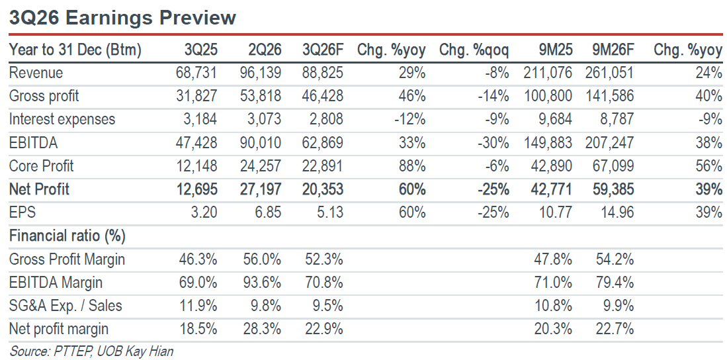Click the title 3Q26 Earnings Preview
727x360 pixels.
[122, 18]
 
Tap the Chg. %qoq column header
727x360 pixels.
[474, 50]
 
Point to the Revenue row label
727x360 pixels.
[36, 73]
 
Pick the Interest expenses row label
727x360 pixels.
[62, 119]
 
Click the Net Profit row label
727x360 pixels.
[40, 189]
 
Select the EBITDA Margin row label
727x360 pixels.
[56, 282]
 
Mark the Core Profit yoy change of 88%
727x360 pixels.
[411, 165]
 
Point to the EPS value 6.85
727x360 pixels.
[266, 212]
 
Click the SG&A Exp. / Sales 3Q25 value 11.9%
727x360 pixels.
[198, 305]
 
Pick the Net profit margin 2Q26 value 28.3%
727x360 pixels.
[262, 328]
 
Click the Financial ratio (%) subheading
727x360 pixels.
[67, 236]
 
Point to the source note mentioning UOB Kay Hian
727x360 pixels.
[91, 351]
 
